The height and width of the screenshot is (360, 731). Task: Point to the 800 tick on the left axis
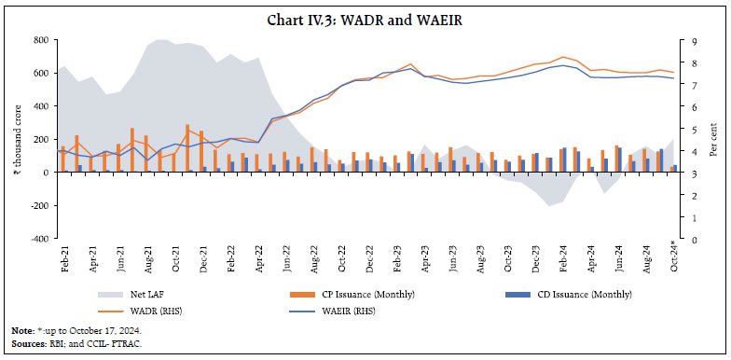point(41,40)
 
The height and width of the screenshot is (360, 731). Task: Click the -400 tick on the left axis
point(39,239)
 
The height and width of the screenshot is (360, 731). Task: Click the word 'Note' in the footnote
point(21,331)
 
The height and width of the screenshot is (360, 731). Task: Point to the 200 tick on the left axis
point(41,139)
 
